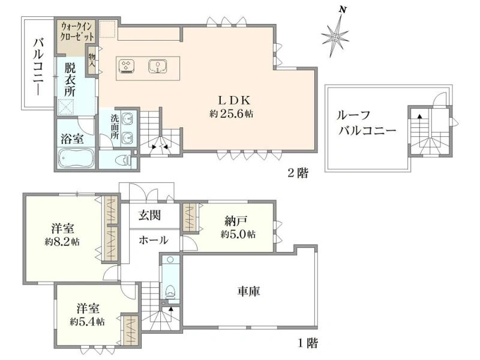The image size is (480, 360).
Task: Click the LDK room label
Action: click(x=235, y=100)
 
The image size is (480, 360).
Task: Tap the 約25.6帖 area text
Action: click(x=232, y=114)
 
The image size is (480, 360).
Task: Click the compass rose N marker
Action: click(x=343, y=10)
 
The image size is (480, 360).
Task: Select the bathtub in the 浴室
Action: click(x=76, y=158)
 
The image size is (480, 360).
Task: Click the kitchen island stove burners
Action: click(x=125, y=66)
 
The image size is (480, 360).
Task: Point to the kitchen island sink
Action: click(x=158, y=66)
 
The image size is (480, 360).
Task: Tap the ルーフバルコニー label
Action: click(x=366, y=123)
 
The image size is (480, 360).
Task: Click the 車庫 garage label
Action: click(x=248, y=291)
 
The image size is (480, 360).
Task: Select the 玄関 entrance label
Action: click(x=149, y=215)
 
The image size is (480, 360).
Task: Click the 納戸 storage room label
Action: click(x=236, y=220)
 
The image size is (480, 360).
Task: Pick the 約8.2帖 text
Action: click(x=62, y=242)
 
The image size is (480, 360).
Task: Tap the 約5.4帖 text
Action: click(x=87, y=322)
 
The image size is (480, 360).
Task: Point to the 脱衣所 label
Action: click(x=70, y=80)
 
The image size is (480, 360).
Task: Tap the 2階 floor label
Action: click(x=298, y=173)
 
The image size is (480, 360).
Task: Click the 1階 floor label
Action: click(x=308, y=343)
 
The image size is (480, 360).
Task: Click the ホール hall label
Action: click(x=154, y=240)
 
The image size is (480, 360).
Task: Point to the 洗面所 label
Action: click(x=115, y=127)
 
